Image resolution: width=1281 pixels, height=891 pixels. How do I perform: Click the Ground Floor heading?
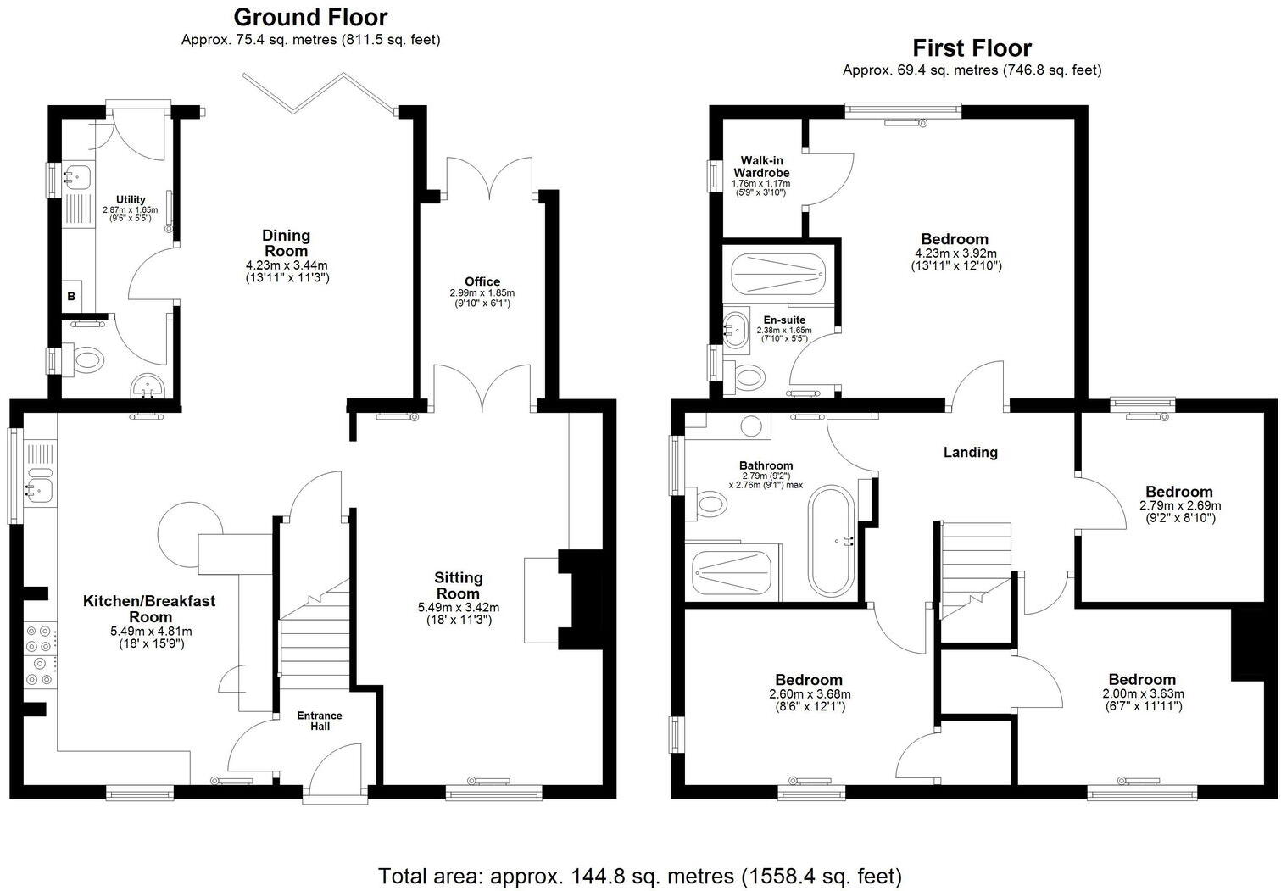coord(310,17)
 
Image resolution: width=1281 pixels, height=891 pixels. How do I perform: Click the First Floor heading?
coord(972,47)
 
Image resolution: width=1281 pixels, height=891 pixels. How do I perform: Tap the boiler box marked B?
coord(71,296)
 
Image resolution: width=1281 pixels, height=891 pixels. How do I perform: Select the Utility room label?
coord(131,200)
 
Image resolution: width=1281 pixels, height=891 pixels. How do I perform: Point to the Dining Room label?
coord(286,243)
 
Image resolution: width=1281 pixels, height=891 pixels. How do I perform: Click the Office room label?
coord(482,281)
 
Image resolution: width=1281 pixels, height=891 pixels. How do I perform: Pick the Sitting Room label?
coord(459,585)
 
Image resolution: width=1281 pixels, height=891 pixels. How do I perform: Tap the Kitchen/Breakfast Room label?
coord(149,609)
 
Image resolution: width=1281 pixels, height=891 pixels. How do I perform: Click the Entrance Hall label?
coord(319,721)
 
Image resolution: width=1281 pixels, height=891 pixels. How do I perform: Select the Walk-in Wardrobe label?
coord(761,166)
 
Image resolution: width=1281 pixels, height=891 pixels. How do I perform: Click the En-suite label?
coord(783,320)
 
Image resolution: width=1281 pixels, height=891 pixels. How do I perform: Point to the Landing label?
coord(971,453)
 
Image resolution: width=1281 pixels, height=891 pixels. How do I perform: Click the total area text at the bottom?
coord(640,875)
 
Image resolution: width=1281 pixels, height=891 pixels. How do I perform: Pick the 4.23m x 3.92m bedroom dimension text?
coord(955,253)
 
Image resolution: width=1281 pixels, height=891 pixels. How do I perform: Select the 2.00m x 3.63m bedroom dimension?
coord(1142,693)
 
